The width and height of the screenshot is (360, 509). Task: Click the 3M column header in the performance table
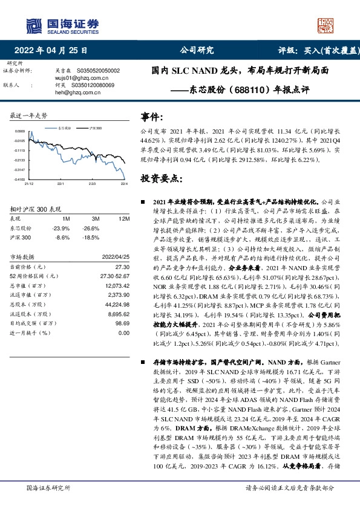(95, 218)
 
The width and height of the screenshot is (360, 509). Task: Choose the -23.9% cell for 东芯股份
(62, 229)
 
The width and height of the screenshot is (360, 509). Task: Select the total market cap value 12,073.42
(116, 284)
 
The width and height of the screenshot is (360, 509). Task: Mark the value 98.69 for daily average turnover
(122, 324)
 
